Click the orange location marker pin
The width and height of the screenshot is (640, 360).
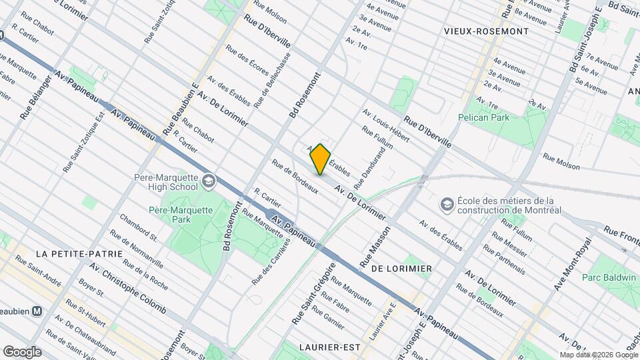pos(321,159)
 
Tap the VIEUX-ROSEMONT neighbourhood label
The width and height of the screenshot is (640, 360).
pos(486,31)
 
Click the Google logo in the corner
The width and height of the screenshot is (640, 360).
pos(22,352)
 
